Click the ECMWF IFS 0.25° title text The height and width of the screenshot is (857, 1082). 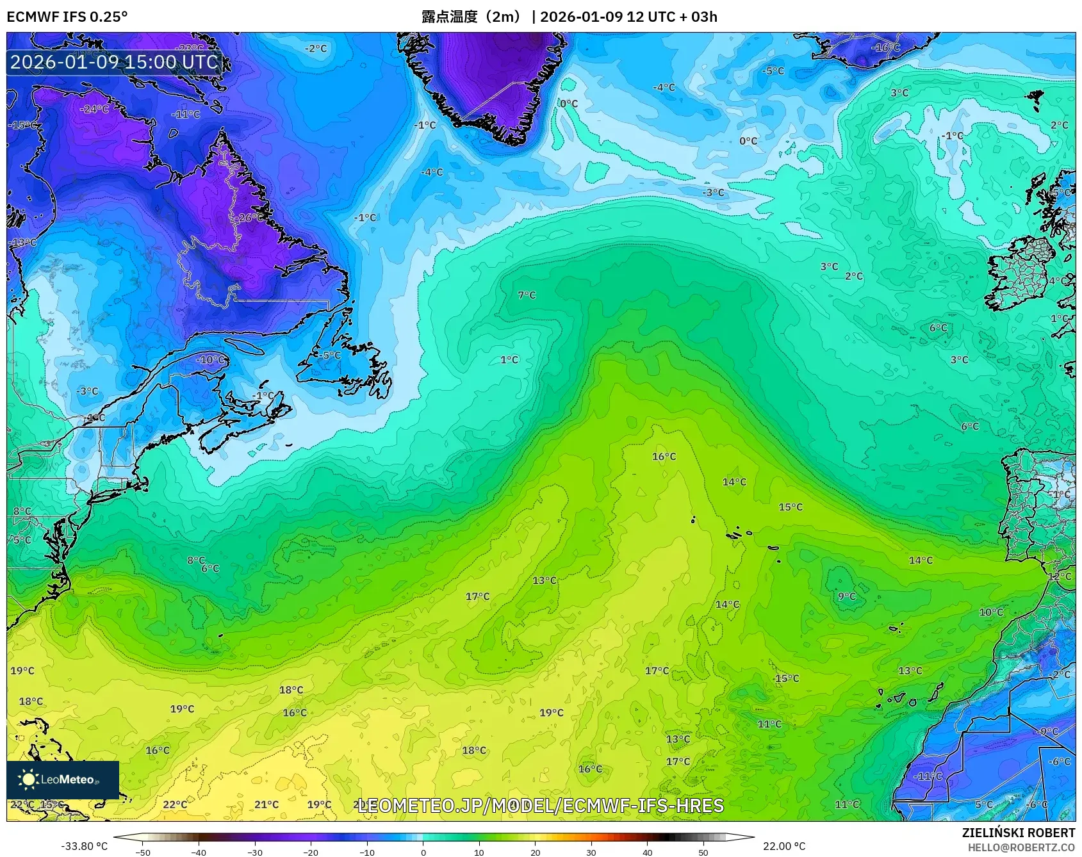pos(67,17)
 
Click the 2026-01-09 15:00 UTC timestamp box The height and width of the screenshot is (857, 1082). pos(114,62)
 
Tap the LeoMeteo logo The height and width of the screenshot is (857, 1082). pos(63,779)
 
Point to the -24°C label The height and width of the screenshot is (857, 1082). pos(94,110)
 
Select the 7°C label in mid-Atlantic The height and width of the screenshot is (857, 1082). pos(527,295)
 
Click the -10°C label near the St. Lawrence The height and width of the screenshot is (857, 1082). pos(211,360)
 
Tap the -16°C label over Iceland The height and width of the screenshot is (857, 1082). pos(886,47)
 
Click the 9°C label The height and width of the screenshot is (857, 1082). pos(847,596)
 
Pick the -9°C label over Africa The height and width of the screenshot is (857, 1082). pos(1047,731)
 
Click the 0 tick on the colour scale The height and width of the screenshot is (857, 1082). pos(423,852)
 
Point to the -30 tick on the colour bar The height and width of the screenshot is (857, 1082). pos(255,852)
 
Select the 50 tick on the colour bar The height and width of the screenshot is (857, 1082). pos(703,852)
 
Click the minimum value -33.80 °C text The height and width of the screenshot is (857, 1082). pos(84,846)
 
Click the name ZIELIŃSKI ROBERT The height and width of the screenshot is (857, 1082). pos(1018,833)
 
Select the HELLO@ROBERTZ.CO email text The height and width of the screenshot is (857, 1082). pos(1021,847)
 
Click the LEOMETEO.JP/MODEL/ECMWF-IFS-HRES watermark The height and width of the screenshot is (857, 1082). pos(540,806)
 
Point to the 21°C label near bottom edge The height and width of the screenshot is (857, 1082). pos(266,804)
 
